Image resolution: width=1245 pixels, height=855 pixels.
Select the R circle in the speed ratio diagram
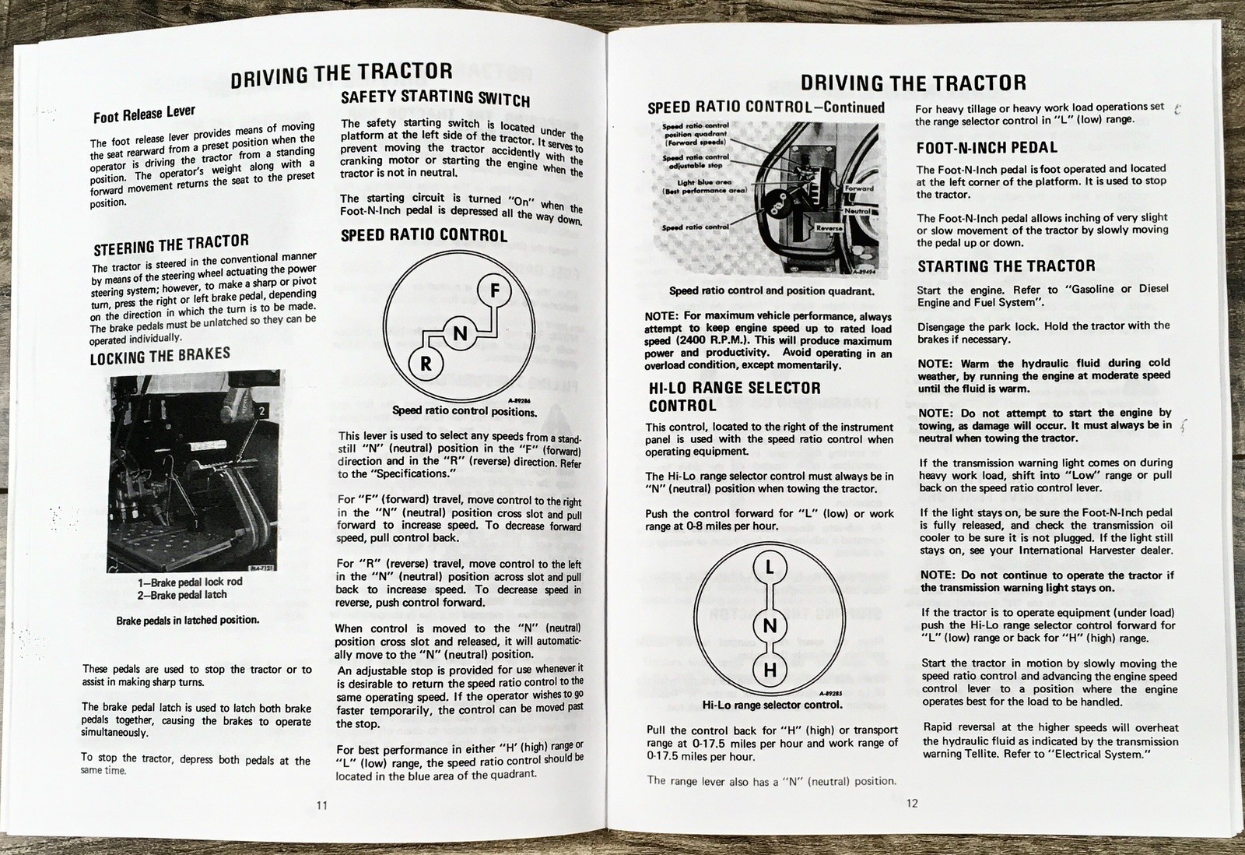pyautogui.click(x=426, y=364)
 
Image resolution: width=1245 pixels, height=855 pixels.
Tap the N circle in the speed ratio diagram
pyautogui.click(x=460, y=334)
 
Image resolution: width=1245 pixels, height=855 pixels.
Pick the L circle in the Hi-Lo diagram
pyautogui.click(x=770, y=568)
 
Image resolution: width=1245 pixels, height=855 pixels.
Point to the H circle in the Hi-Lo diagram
pyautogui.click(x=770, y=670)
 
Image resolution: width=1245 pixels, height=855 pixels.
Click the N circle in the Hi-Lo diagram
pyautogui.click(x=770, y=625)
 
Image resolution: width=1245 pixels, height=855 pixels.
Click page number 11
pyautogui.click(x=322, y=805)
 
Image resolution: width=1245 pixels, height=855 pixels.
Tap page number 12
pyautogui.click(x=912, y=803)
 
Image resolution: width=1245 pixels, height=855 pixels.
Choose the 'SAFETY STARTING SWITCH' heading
pyautogui.click(x=435, y=98)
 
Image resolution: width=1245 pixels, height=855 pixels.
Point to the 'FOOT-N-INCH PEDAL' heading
pyautogui.click(x=987, y=148)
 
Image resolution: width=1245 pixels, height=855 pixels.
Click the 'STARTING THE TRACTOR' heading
pyautogui.click(x=1006, y=266)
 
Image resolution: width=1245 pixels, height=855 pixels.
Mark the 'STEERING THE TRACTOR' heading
pyautogui.click(x=171, y=245)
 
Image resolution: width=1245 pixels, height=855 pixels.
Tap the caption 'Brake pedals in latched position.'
pyautogui.click(x=187, y=621)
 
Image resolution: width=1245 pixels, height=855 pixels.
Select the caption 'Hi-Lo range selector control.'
pyautogui.click(x=771, y=705)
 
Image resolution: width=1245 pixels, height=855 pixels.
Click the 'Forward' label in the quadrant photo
pyautogui.click(x=859, y=188)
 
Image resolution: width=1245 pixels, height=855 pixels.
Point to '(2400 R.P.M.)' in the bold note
pyautogui.click(x=704, y=341)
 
